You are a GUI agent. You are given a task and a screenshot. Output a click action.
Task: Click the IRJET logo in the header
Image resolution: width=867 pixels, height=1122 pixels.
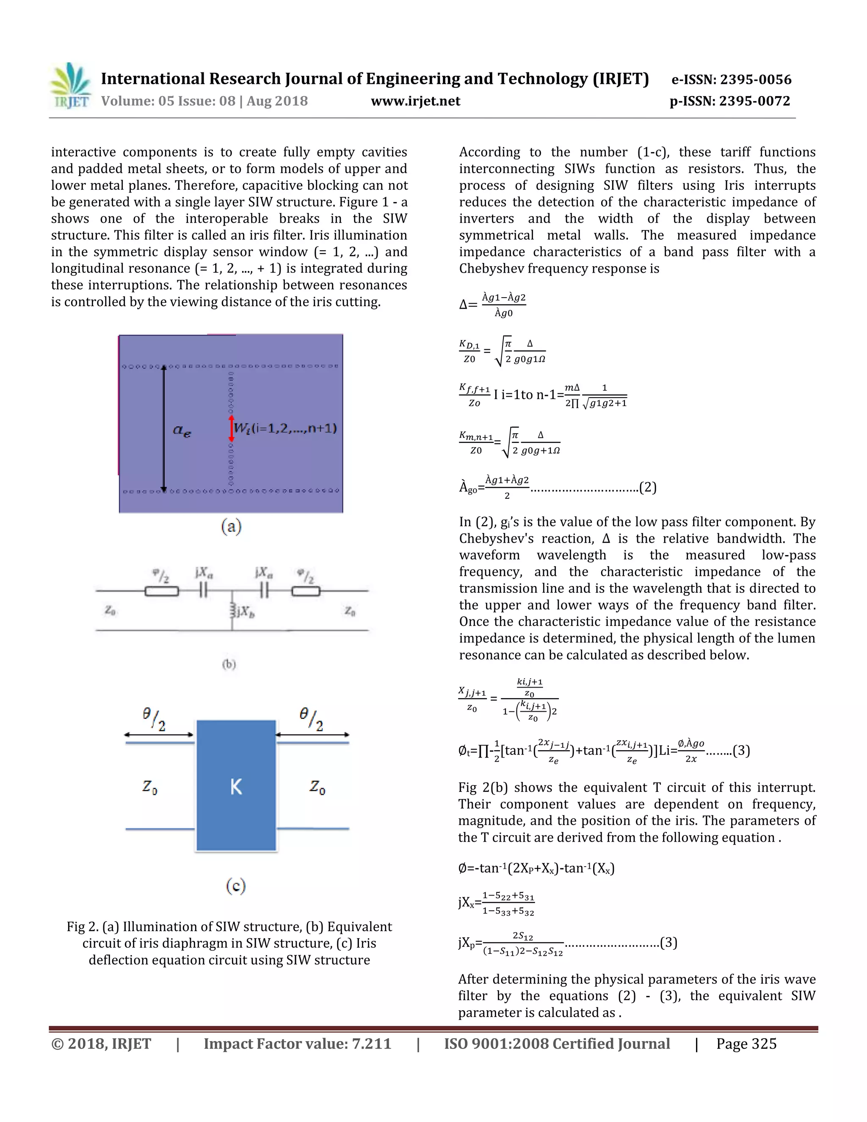click(71, 86)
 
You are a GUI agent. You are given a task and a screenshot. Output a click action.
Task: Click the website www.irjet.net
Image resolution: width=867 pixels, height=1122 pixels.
click(416, 101)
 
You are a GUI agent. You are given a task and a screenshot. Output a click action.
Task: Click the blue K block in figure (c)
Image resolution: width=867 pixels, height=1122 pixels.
click(236, 786)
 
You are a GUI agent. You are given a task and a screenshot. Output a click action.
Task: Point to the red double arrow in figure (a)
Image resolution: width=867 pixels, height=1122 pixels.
click(231, 428)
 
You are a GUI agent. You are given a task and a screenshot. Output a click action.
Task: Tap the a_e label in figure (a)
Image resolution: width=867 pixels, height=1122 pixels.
click(182, 430)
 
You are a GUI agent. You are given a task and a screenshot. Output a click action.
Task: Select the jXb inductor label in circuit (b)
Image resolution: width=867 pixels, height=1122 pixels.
click(245, 612)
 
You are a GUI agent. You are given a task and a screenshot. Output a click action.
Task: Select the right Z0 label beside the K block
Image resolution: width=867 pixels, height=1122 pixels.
click(318, 787)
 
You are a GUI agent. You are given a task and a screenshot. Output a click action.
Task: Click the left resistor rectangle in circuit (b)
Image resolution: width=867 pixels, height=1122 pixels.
click(162, 591)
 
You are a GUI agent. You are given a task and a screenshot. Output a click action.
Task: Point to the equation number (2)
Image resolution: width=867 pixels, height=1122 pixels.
click(648, 487)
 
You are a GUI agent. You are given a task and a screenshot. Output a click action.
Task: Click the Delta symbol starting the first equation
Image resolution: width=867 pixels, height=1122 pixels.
click(464, 305)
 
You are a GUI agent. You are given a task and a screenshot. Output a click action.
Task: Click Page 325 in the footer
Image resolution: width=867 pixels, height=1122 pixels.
click(746, 1045)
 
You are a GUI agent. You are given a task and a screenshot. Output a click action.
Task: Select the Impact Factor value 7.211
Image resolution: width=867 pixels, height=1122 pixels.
click(371, 1045)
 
